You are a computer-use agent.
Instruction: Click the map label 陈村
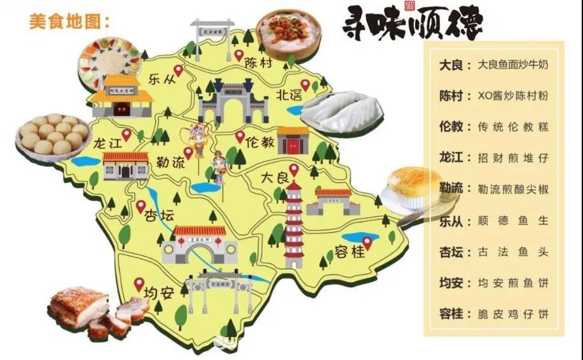(x=259, y=64)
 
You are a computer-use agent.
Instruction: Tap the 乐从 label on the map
(x=161, y=80)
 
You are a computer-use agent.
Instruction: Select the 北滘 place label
(x=289, y=95)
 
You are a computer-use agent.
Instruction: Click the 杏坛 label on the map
(x=159, y=215)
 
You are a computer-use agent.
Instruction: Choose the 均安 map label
(x=159, y=293)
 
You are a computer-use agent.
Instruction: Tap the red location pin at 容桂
(x=367, y=242)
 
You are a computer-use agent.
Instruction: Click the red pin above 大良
(x=293, y=169)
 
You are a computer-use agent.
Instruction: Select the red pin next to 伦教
(x=240, y=136)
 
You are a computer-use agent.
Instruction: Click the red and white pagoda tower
(x=293, y=224)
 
